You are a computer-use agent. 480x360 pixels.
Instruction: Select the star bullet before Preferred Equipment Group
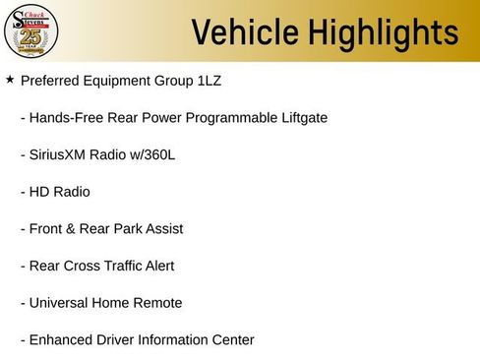(10, 79)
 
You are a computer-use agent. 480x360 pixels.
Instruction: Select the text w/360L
(148, 154)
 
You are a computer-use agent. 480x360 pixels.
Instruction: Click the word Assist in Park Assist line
(161, 229)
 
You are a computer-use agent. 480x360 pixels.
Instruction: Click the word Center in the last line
(231, 340)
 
